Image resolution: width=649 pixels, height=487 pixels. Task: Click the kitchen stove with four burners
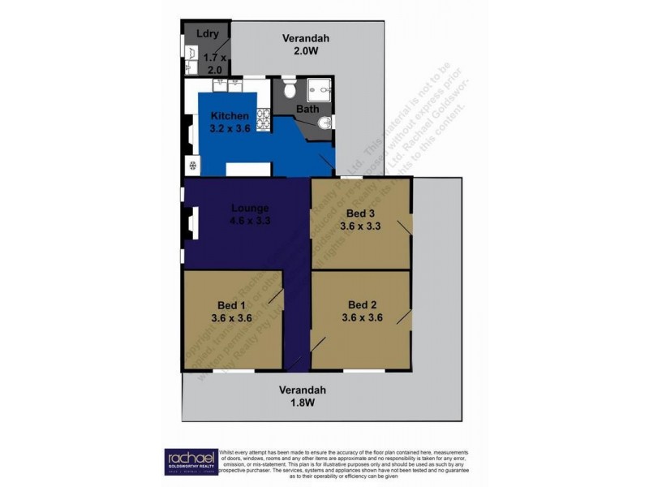coord(264,119)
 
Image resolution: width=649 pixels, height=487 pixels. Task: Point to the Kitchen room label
coord(218,116)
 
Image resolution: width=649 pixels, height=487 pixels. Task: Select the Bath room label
coord(307,109)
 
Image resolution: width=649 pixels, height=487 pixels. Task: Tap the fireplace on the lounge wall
coord(191,222)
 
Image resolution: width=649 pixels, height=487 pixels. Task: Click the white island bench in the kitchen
coord(247,169)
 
